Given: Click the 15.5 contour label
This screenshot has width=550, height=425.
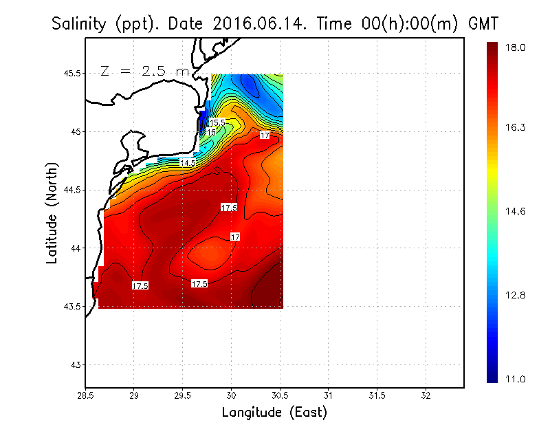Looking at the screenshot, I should (217, 122).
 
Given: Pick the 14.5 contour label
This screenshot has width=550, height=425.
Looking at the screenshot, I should (188, 163).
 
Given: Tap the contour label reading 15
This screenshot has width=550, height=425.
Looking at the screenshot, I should (212, 132).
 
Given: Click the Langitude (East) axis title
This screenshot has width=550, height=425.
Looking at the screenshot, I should (274, 413).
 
